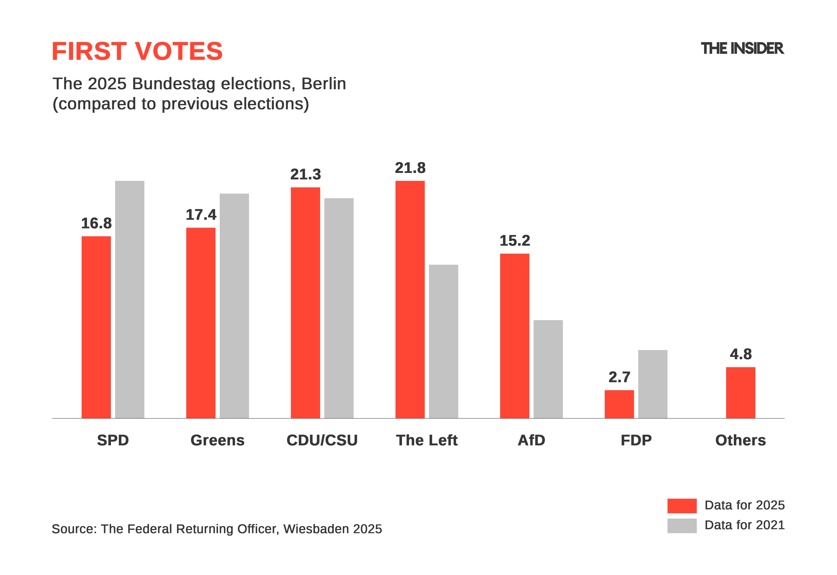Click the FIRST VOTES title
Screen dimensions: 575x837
(137, 51)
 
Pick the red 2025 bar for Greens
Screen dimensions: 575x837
(201, 323)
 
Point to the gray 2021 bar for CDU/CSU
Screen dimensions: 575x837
(339, 308)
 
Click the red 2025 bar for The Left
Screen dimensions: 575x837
(410, 299)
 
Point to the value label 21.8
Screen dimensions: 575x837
(410, 168)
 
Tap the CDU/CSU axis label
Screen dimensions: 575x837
(322, 440)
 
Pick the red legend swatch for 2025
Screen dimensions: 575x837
(682, 506)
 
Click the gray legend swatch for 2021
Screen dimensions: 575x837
(682, 526)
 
